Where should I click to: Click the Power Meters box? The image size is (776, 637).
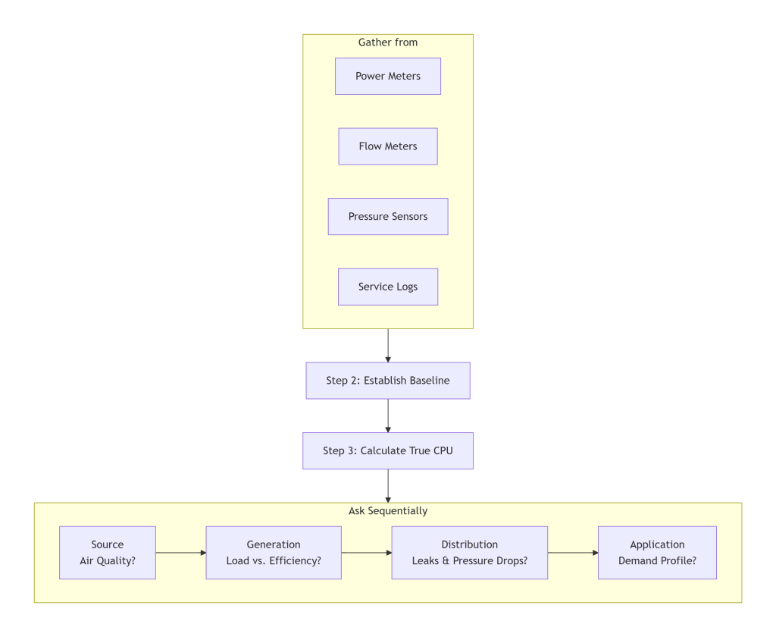click(388, 76)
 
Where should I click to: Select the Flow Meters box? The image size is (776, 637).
click(388, 146)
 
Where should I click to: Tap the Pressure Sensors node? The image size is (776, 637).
click(388, 216)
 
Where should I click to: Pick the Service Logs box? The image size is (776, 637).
click(388, 287)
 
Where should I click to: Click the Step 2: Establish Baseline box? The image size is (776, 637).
click(388, 380)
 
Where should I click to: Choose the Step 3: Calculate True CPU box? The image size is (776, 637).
click(388, 450)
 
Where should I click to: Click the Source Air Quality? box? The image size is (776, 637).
click(108, 553)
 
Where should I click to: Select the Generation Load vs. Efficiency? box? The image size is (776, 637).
click(274, 553)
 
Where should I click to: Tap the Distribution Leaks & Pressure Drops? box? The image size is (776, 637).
click(469, 553)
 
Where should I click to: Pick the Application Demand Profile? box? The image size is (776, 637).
click(657, 553)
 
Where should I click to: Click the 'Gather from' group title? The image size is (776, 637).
click(388, 42)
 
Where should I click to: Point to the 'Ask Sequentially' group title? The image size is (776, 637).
click(388, 511)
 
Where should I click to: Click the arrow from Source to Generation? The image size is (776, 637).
click(180, 553)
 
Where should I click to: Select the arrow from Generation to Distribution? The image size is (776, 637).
click(366, 553)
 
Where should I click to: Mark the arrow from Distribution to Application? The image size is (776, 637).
click(573, 553)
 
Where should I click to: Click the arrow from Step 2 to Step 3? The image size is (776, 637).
click(388, 416)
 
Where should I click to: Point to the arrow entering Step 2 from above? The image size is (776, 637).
click(388, 345)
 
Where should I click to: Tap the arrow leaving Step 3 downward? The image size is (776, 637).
click(388, 485)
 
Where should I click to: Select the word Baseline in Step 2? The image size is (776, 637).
click(430, 380)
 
